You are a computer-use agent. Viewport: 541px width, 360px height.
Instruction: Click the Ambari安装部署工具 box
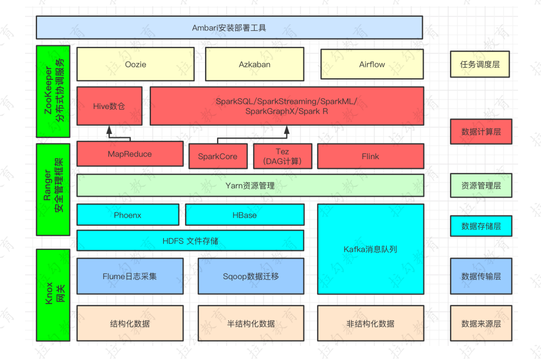[x=229, y=28]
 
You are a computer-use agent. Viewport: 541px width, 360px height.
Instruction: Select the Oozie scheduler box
[x=135, y=65]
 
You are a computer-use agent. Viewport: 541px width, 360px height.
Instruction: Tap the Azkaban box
[x=254, y=65]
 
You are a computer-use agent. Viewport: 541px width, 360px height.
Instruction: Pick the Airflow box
[x=371, y=65]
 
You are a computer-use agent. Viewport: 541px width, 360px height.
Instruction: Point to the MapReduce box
[x=129, y=154]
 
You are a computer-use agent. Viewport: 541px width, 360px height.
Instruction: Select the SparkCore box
[x=218, y=157]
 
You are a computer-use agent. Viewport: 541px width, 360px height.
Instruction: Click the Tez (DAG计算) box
[x=282, y=157]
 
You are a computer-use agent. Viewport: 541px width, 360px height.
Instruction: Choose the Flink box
[x=370, y=157]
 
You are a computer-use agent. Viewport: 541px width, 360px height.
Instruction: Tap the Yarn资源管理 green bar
[x=250, y=186]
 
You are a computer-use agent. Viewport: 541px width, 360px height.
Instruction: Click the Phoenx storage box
[x=127, y=215]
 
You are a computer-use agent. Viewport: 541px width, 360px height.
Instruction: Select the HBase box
[x=244, y=215]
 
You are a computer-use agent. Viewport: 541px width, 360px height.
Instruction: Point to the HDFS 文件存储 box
[x=190, y=241]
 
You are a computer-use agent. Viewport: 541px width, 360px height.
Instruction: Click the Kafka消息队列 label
[x=370, y=249]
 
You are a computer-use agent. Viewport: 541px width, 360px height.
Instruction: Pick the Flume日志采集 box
[x=129, y=276]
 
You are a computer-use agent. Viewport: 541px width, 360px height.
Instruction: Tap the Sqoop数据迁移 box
[x=250, y=276]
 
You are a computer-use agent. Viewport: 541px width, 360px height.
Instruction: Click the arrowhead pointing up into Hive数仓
[x=110, y=129]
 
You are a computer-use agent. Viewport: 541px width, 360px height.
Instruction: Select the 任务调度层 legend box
[x=480, y=65]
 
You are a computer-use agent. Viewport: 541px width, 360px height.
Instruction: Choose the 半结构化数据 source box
[x=250, y=323]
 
